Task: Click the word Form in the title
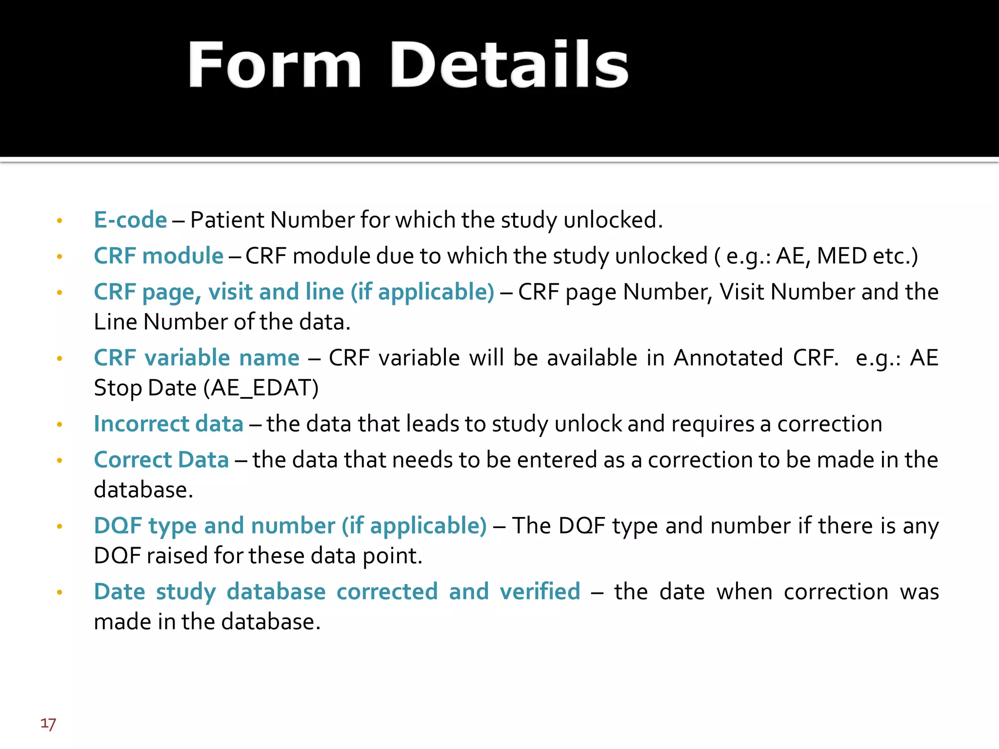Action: tap(275, 65)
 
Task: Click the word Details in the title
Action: tap(509, 65)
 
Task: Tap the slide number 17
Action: tap(48, 724)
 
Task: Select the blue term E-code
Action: tap(130, 220)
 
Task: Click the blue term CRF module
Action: tap(159, 256)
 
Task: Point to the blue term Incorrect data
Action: tap(168, 424)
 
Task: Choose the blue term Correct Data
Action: tap(161, 460)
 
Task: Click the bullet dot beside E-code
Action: tap(60, 221)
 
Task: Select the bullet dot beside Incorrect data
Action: tap(60, 425)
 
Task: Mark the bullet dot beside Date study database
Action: tap(60, 592)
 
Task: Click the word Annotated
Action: tap(728, 358)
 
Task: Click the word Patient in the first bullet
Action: tap(227, 220)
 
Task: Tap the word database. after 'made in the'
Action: tap(271, 622)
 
